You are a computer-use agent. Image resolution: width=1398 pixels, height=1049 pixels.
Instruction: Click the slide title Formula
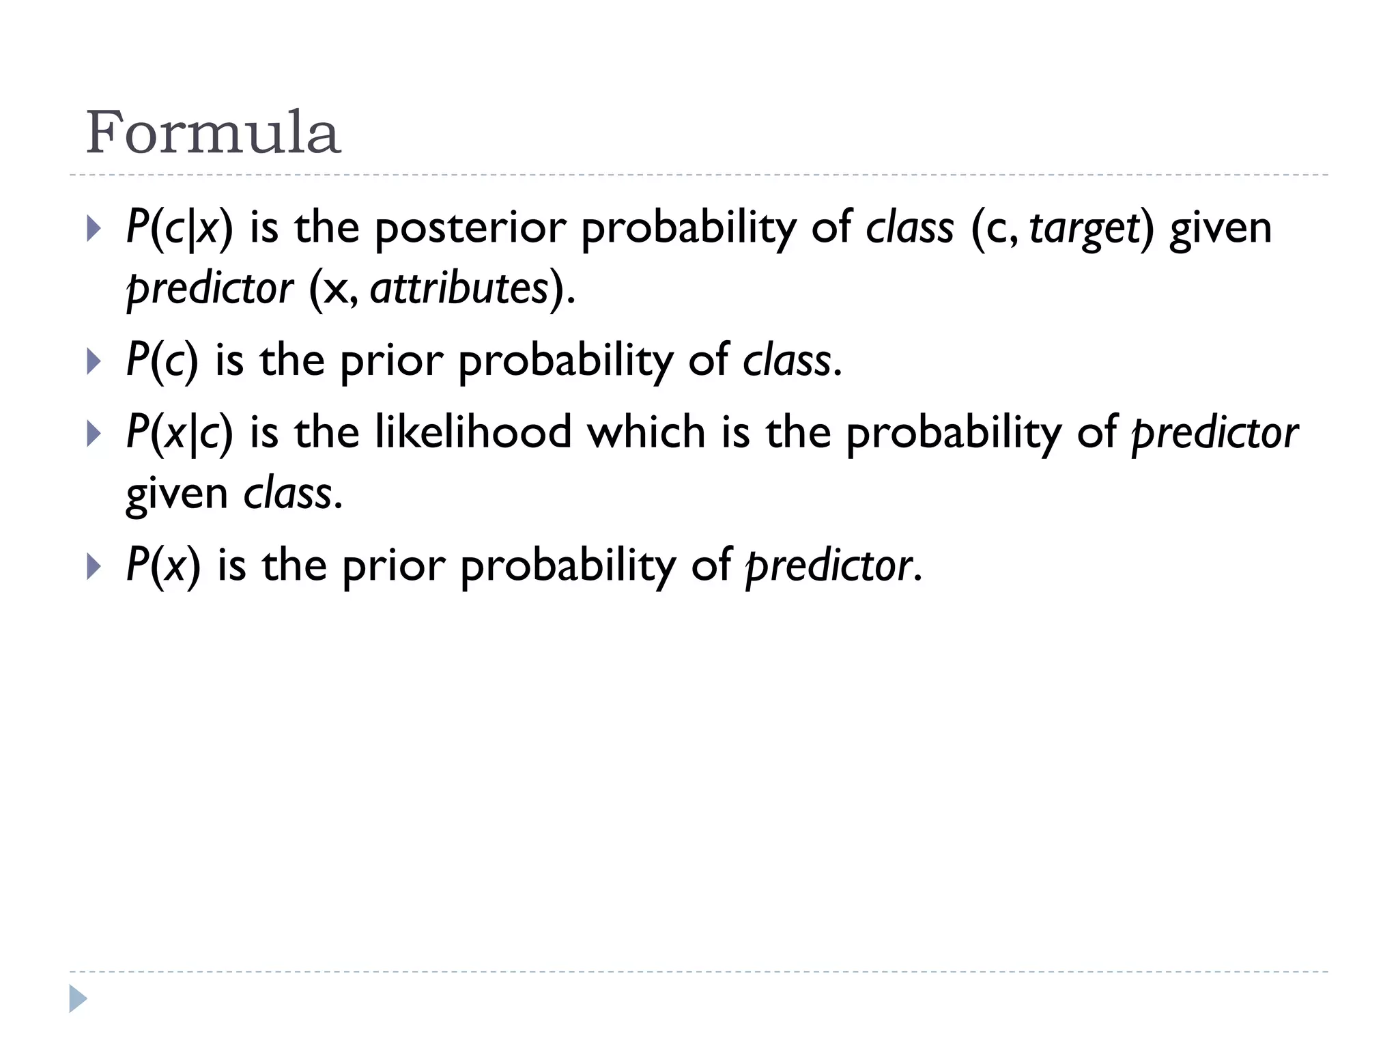(x=212, y=132)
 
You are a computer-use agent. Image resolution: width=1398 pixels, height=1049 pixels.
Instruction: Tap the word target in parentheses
(x=1085, y=229)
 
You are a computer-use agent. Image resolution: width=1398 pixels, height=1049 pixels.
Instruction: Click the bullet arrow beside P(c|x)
(x=94, y=229)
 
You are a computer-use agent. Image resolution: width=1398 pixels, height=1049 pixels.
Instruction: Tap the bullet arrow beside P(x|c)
(x=94, y=434)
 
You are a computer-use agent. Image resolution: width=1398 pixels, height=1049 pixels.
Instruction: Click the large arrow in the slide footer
(x=78, y=998)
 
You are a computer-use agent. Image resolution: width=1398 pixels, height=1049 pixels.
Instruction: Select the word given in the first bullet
(x=1221, y=229)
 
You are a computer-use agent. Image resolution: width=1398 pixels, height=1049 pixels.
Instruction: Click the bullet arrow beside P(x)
(x=94, y=566)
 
